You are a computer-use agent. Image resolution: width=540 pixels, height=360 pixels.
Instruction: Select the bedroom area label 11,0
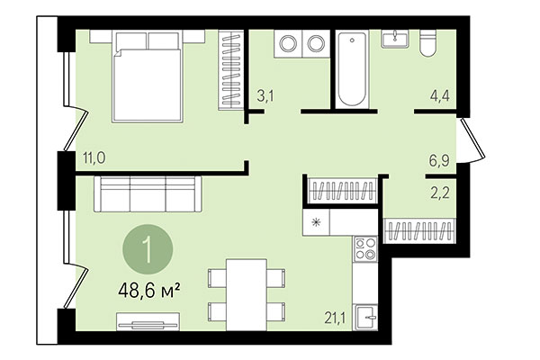[94, 157]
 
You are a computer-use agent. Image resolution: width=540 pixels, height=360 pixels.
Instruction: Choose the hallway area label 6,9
[437, 162]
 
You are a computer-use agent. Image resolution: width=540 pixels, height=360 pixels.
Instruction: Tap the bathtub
[351, 70]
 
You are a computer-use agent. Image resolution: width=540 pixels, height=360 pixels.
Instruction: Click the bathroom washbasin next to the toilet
[394, 40]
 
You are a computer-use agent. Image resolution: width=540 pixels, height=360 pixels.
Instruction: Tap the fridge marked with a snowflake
[317, 220]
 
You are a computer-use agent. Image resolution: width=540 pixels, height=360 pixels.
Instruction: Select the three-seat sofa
[148, 192]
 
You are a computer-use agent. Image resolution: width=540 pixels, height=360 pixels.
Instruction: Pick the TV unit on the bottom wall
[149, 318]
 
